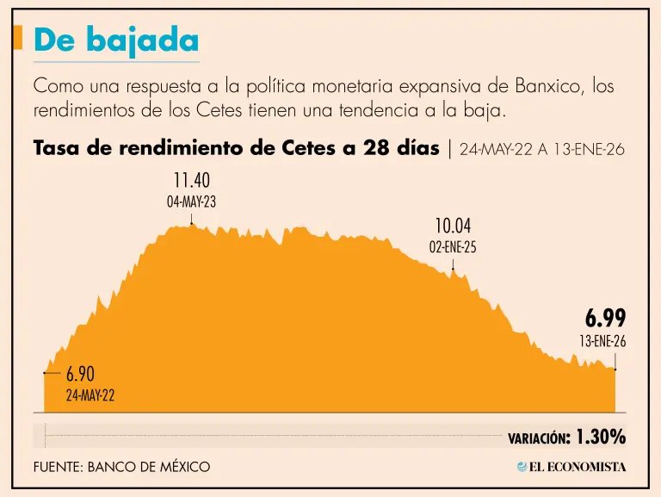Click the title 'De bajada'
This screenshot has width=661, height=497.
(116, 41)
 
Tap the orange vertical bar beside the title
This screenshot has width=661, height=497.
(17, 39)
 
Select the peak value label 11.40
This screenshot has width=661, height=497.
(190, 181)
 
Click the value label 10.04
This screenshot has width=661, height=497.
(453, 227)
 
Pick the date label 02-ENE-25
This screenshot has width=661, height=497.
(453, 247)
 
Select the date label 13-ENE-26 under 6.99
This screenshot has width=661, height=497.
(602, 342)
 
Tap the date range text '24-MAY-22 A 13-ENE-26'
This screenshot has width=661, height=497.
(542, 149)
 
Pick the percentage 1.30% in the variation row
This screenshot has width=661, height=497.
(601, 437)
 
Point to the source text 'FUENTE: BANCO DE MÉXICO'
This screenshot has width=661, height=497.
(121, 466)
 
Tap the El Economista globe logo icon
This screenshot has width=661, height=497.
(522, 466)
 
